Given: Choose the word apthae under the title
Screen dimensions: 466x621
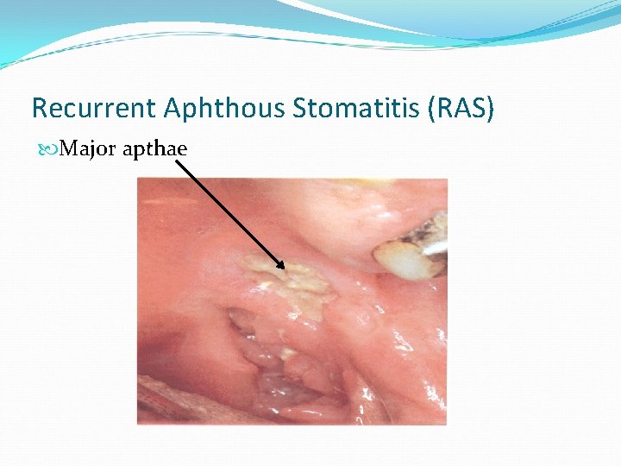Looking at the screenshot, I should pyautogui.click(x=155, y=149).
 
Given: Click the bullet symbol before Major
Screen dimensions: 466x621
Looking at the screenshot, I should pyautogui.click(x=46, y=149).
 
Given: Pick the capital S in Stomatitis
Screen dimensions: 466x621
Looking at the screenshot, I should pyautogui.click(x=300, y=108).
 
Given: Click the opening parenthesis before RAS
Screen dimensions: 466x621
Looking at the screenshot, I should pyautogui.click(x=428, y=109).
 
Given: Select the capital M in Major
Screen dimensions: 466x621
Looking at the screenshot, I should pyautogui.click(x=70, y=148).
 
